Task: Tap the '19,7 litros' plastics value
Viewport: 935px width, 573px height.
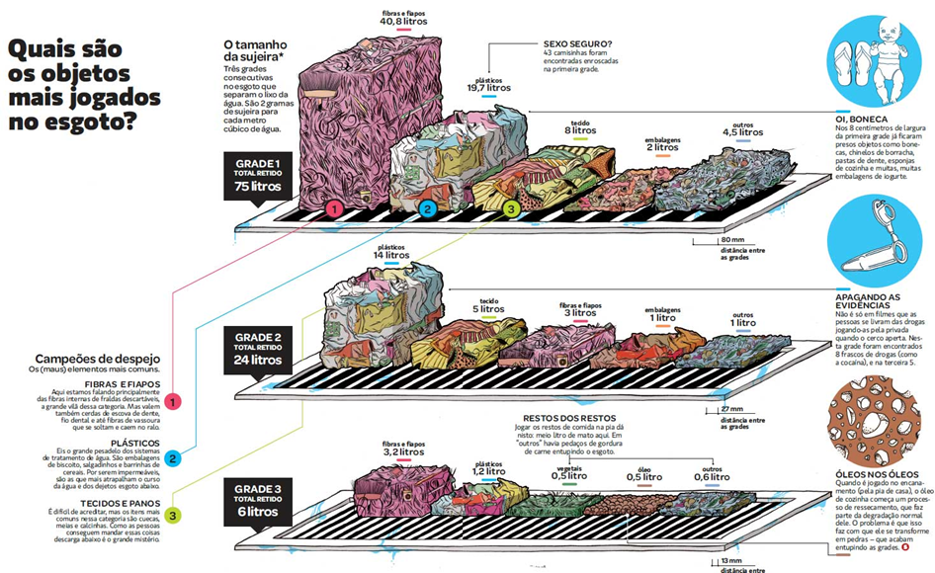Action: pyautogui.click(x=488, y=87)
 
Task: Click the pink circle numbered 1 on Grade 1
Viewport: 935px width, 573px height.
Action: pyautogui.click(x=334, y=209)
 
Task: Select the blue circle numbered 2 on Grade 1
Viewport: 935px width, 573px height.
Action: pyautogui.click(x=427, y=209)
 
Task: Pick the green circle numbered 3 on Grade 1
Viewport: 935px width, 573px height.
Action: pyautogui.click(x=510, y=209)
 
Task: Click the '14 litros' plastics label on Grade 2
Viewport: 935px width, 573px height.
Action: pyautogui.click(x=391, y=255)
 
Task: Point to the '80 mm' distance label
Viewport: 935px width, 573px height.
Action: pyautogui.click(x=731, y=240)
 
